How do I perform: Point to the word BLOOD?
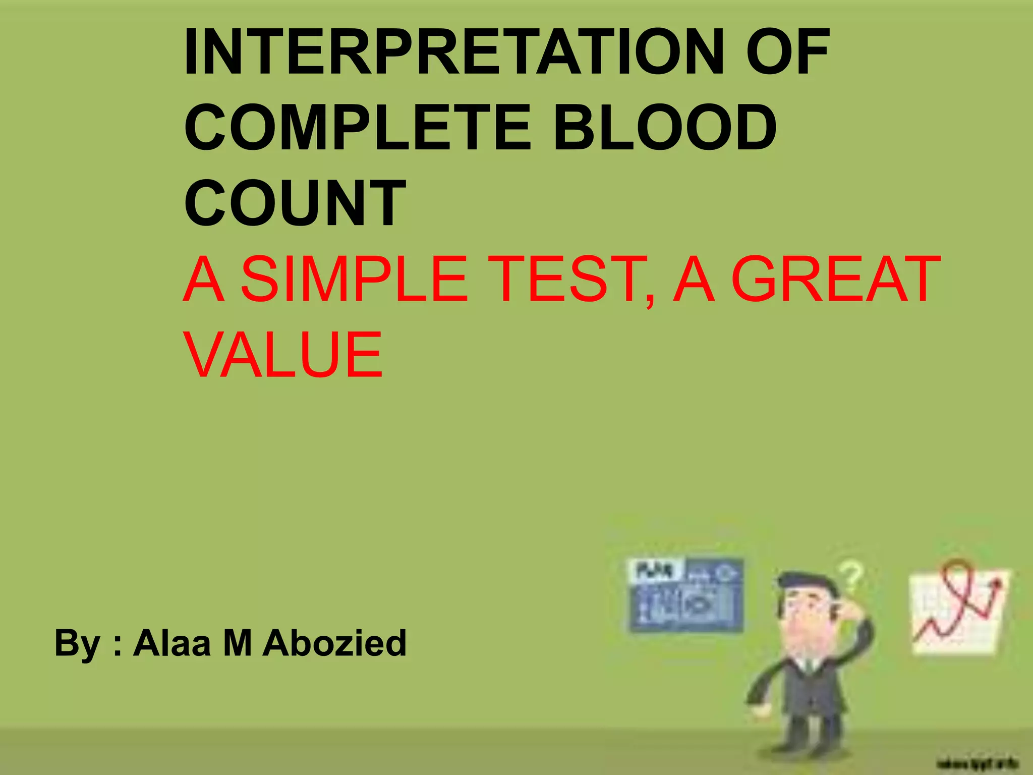coord(665,128)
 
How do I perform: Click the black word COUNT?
coord(295,203)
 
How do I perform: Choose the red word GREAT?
coord(835,279)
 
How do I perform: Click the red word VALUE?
coord(284,354)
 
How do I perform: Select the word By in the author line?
coord(77,643)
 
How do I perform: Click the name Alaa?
coord(171,643)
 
